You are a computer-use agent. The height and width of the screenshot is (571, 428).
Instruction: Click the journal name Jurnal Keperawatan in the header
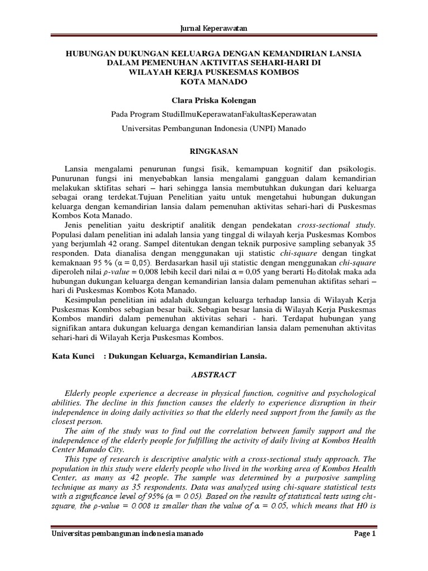click(214, 28)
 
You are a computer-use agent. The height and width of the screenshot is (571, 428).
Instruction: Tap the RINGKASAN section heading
click(214, 151)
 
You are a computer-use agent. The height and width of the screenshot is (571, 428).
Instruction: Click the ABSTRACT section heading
click(214, 376)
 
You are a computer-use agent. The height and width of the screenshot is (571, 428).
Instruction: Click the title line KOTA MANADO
click(214, 82)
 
